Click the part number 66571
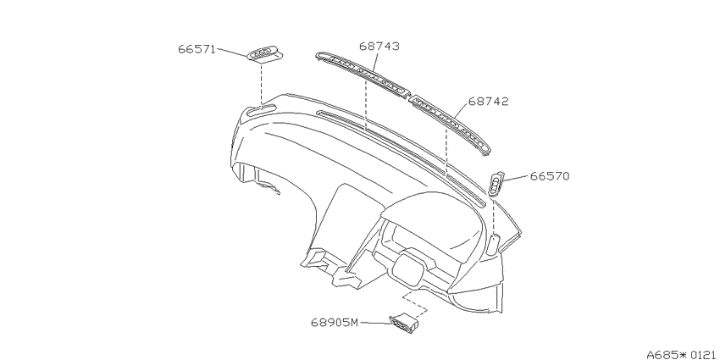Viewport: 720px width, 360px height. tap(197, 49)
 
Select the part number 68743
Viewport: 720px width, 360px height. tap(379, 46)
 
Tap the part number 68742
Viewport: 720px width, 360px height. tap(489, 102)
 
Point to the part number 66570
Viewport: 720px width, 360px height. tap(550, 176)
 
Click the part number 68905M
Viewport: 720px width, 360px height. tap(335, 323)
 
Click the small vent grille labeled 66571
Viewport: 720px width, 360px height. tap(265, 54)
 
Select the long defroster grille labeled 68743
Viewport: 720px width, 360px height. tap(363, 75)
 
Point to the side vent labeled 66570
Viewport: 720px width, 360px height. tap(496, 184)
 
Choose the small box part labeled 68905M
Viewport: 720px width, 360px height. tap(404, 323)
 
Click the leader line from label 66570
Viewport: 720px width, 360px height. tap(516, 178)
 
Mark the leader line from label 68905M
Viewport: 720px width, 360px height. tap(375, 323)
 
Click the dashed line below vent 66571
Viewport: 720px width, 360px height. tap(262, 84)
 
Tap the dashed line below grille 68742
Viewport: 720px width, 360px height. tap(446, 152)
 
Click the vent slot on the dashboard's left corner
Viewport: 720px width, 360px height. tap(261, 110)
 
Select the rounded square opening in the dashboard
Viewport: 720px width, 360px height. tap(407, 269)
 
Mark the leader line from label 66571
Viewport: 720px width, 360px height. tap(232, 53)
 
